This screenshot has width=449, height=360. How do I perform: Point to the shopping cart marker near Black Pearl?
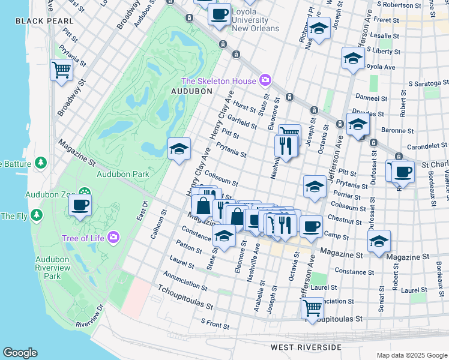click(x=61, y=70)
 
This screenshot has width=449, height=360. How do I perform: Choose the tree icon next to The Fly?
click(x=37, y=215)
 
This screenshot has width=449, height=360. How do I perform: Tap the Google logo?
click(x=20, y=352)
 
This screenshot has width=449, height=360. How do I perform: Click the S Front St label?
click(x=215, y=325)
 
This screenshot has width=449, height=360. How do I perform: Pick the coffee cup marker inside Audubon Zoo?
click(x=80, y=205)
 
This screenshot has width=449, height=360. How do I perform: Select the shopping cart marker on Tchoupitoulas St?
click(x=312, y=308)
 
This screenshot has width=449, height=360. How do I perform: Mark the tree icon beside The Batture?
click(x=41, y=163)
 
